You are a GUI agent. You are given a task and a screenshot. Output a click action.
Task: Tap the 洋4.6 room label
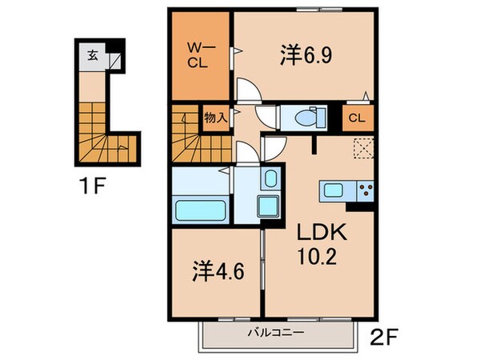pos(217,271)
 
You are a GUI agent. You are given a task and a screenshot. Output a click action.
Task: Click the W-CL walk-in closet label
pos(199,55)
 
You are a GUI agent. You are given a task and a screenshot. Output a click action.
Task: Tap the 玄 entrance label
pos(93,56)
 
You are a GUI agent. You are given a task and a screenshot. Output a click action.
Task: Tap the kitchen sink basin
pos(332,190)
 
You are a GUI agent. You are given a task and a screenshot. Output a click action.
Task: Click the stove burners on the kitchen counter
pos(367,190)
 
